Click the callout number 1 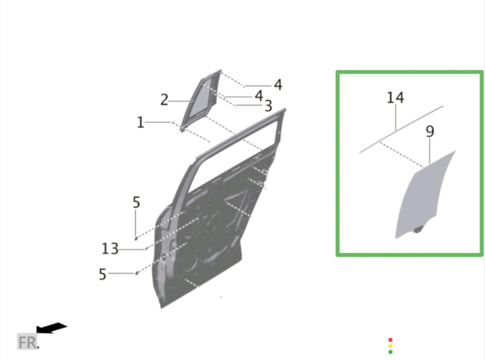[141, 122]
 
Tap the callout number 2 [164, 100]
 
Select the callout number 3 [268, 106]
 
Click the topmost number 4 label [278, 85]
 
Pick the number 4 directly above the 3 [259, 96]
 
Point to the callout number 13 [110, 249]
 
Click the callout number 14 [395, 98]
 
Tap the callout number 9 [430, 131]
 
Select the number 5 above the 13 [137, 202]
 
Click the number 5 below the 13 [102, 274]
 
